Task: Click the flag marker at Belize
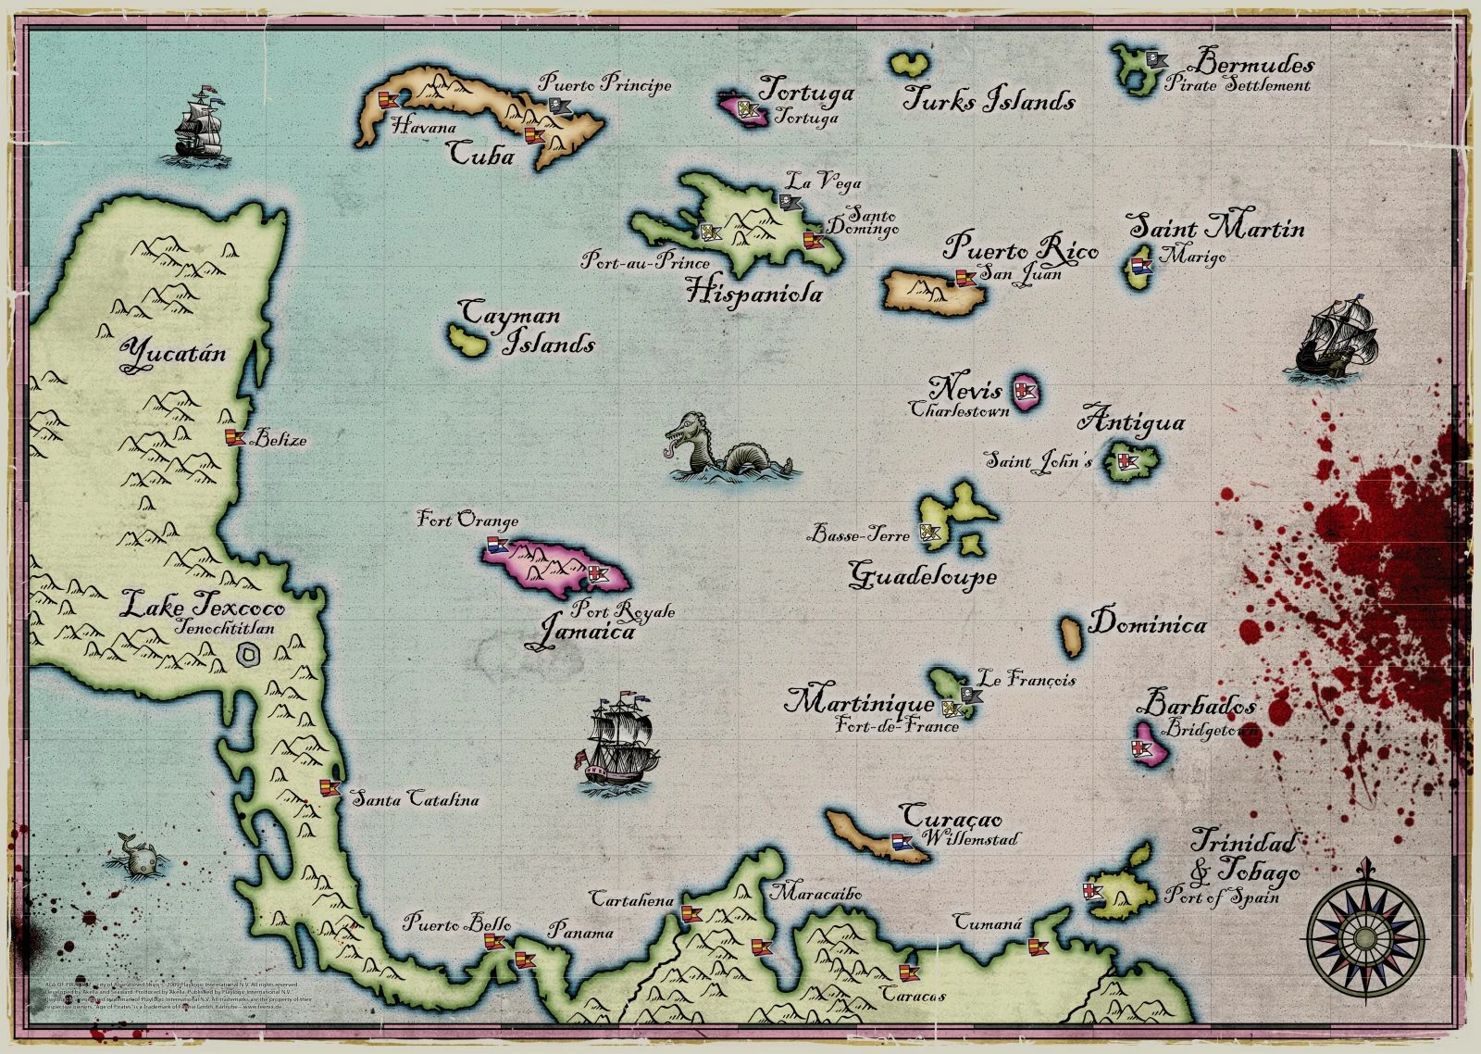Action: [233, 437]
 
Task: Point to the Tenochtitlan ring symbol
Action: [247, 656]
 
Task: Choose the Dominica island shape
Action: [1071, 634]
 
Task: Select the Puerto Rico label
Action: [1021, 249]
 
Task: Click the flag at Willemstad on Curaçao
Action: [901, 843]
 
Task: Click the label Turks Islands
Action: [989, 100]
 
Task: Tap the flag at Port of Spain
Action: [1093, 892]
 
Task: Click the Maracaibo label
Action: [816, 894]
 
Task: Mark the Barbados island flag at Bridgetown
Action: [1140, 747]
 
